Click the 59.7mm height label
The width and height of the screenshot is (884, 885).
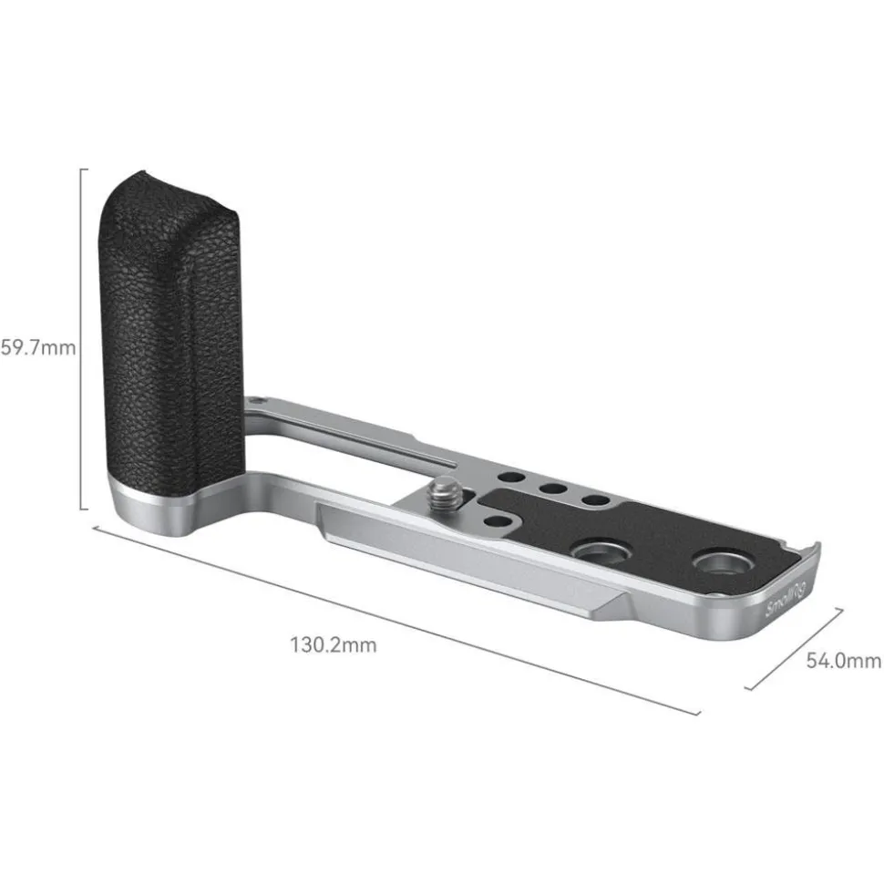click(x=37, y=347)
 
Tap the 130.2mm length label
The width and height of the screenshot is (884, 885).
click(x=333, y=645)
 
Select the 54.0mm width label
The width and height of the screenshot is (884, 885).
click(x=843, y=661)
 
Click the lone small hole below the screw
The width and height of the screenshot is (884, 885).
click(x=496, y=520)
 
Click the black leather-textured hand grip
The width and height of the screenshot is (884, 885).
click(x=169, y=328)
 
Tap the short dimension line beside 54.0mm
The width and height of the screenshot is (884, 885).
click(x=793, y=648)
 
